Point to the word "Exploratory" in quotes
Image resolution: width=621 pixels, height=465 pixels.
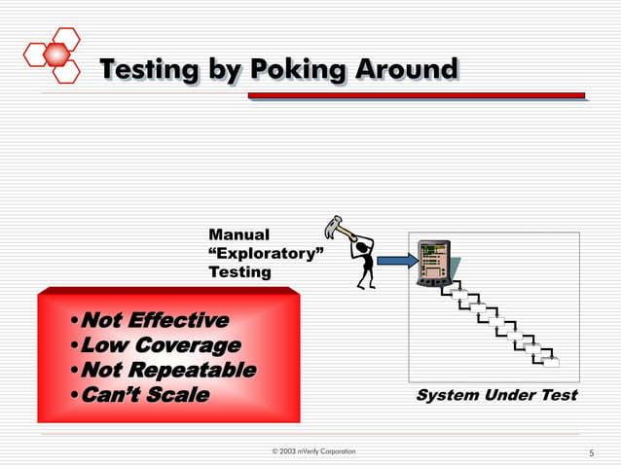[x=266, y=253]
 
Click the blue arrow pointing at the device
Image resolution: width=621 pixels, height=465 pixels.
[x=395, y=260]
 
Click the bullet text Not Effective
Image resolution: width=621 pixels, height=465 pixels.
[x=154, y=320]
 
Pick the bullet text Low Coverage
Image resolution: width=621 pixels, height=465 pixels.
[x=160, y=345]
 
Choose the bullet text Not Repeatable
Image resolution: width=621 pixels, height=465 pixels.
[x=167, y=370]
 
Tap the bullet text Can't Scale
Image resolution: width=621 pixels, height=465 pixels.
[x=144, y=394]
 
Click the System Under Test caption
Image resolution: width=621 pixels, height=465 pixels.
[x=496, y=395]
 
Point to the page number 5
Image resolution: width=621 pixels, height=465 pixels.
[x=591, y=452]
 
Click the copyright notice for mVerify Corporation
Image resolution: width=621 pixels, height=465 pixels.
[x=312, y=451]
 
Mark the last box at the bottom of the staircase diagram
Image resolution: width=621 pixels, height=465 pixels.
[x=551, y=363]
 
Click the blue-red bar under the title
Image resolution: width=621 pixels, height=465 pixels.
[x=416, y=95]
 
